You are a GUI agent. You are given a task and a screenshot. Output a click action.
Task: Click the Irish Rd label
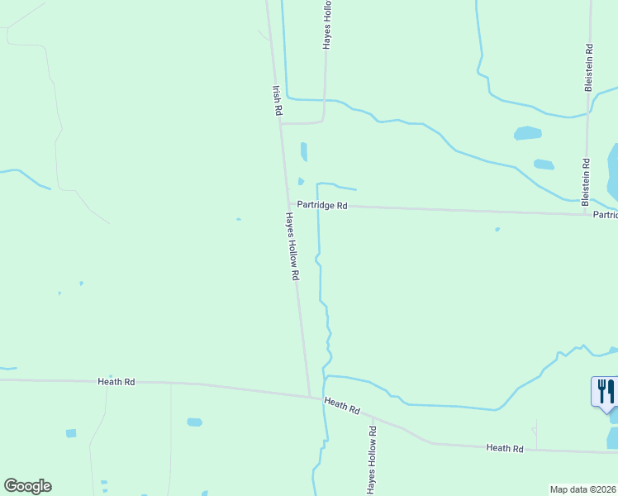(x=278, y=99)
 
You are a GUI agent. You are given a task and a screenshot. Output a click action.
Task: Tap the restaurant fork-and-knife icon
(x=606, y=390)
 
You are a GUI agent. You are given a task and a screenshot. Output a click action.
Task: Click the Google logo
(x=27, y=486)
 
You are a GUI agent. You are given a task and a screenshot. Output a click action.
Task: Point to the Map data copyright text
(x=583, y=489)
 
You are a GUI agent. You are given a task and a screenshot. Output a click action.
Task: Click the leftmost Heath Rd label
(x=116, y=382)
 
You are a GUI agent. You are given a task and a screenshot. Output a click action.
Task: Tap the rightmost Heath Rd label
(x=505, y=448)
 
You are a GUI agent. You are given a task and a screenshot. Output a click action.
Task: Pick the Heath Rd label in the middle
(x=342, y=406)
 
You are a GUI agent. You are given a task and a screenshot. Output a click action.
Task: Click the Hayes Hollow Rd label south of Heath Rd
(x=372, y=461)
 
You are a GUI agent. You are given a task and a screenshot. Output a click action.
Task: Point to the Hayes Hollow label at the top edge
(x=327, y=26)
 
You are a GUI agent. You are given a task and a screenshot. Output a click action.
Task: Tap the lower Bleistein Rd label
(x=585, y=182)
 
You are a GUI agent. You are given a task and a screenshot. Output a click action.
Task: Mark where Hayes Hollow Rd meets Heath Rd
(x=311, y=396)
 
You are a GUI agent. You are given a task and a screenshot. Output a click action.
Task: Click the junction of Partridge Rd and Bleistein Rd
(x=583, y=214)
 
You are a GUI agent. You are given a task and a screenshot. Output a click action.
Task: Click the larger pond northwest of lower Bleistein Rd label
(x=527, y=133)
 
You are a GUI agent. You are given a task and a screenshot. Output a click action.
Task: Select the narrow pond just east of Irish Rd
(x=304, y=151)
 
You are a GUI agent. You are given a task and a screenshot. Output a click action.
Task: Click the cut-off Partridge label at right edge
(x=605, y=215)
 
